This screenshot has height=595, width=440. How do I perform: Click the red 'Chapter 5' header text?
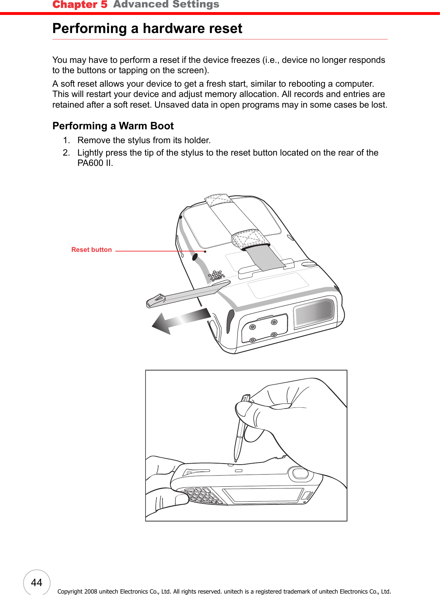coord(80,5)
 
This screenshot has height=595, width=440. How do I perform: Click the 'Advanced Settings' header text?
coord(166,4)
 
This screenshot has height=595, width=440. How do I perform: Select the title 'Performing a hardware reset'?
coord(147,28)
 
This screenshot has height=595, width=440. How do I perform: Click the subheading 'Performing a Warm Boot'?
coord(113,126)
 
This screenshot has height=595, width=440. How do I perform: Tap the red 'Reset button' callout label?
coord(92,250)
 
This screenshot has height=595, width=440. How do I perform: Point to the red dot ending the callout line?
coord(205,251)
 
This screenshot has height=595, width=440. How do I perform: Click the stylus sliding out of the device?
coord(188,293)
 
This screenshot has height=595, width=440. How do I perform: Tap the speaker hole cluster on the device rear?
coord(216,276)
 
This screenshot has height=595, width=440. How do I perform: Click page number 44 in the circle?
coord(37,583)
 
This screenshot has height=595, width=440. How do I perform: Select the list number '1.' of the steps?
coord(66,140)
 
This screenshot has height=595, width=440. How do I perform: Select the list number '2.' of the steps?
coord(66,153)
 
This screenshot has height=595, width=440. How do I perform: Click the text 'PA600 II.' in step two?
coord(95,163)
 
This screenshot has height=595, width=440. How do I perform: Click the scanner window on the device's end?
coord(314,312)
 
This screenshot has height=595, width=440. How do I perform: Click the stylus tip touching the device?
coord(236,461)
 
